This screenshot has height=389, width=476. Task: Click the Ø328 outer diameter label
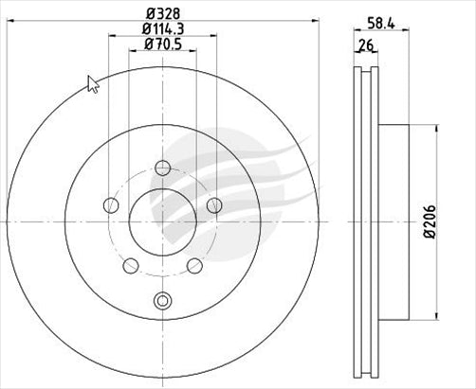pyautogui.click(x=162, y=14)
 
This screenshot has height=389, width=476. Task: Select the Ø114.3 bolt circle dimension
pyautogui.click(x=162, y=30)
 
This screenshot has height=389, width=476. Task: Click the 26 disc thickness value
pyautogui.click(x=363, y=44)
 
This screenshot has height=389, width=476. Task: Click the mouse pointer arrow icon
pyautogui.click(x=93, y=84)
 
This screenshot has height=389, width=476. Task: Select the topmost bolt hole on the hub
pyautogui.click(x=162, y=168)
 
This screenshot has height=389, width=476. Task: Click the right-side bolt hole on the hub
pyautogui.click(x=213, y=205)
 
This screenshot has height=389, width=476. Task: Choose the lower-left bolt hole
pyautogui.click(x=131, y=265)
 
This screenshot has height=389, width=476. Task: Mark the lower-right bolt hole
pyautogui.click(x=194, y=265)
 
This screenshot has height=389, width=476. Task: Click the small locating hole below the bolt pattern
pyautogui.click(x=162, y=302)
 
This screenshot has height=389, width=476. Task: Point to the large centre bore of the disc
pyautogui.click(x=162, y=221)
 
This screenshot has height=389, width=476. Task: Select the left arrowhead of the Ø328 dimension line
pyautogui.click(x=11, y=24)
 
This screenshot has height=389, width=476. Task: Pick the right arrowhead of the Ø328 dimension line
pyautogui.click(x=315, y=24)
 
